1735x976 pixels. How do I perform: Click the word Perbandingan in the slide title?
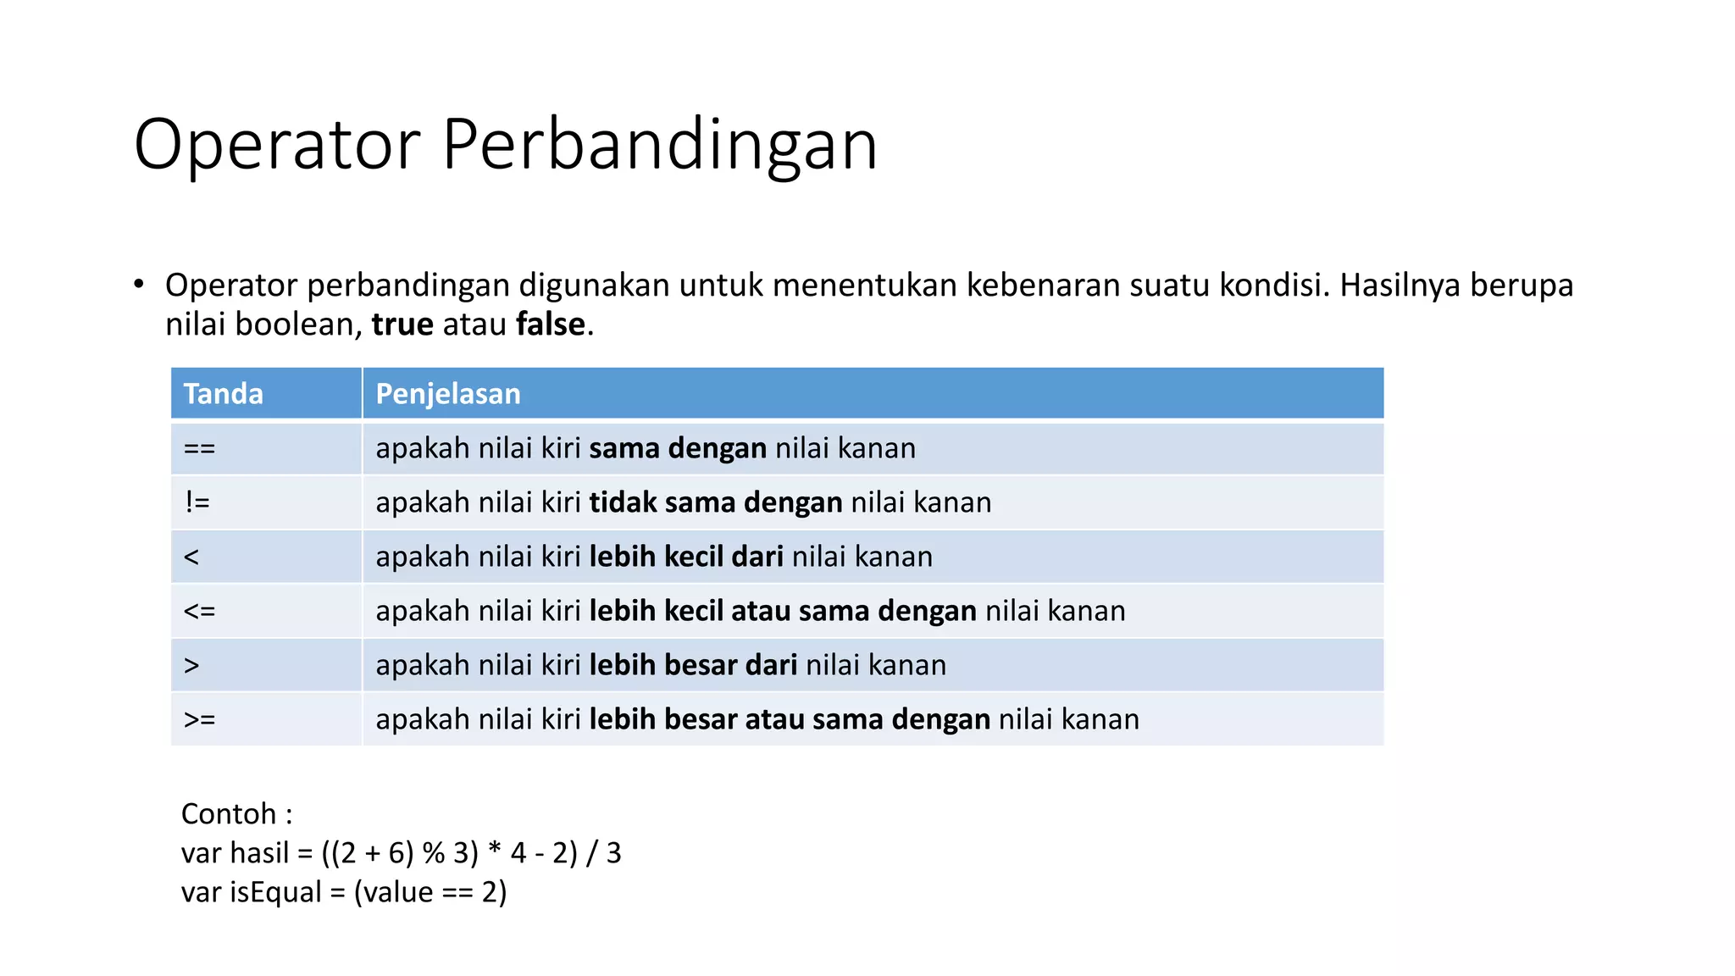pyautogui.click(x=659, y=146)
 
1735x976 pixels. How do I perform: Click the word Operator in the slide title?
pyautogui.click(x=277, y=146)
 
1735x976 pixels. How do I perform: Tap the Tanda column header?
pyautogui.click(x=224, y=394)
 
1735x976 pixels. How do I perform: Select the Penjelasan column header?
pyautogui.click(x=447, y=394)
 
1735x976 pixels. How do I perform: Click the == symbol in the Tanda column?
pyautogui.click(x=200, y=448)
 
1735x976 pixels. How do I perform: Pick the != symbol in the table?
pyautogui.click(x=197, y=502)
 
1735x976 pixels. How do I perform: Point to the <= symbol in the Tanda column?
pyautogui.click(x=200, y=611)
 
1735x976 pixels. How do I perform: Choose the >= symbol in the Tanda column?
pyautogui.click(x=200, y=719)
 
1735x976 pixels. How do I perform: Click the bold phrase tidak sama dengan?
pyautogui.click(x=716, y=502)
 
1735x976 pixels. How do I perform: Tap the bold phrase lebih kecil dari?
pyautogui.click(x=686, y=557)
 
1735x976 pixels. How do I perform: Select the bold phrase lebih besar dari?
pyautogui.click(x=693, y=665)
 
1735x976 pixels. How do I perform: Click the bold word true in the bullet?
pyautogui.click(x=402, y=324)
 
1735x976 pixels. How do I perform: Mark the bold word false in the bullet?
pyautogui.click(x=551, y=324)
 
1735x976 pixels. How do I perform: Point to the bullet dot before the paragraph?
pyautogui.click(x=139, y=285)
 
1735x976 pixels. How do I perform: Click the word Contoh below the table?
pyautogui.click(x=229, y=814)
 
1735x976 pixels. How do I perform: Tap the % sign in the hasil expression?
pyautogui.click(x=434, y=853)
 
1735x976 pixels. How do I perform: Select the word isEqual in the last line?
pyautogui.click(x=275, y=892)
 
